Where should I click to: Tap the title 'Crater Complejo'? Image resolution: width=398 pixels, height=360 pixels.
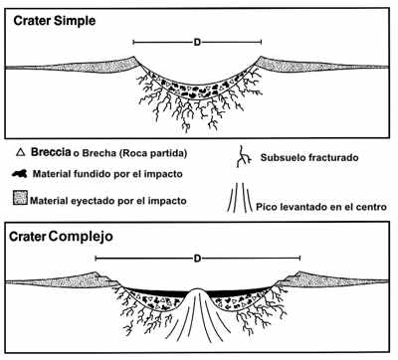pyautogui.click(x=60, y=240)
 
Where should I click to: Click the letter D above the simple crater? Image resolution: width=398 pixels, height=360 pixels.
pyautogui.click(x=197, y=43)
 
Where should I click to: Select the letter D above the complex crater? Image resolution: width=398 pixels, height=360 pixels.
pyautogui.click(x=198, y=259)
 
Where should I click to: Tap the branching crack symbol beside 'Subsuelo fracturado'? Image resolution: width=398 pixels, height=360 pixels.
pyautogui.click(x=241, y=157)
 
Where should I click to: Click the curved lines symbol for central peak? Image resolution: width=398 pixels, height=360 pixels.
pyautogui.click(x=239, y=197)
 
